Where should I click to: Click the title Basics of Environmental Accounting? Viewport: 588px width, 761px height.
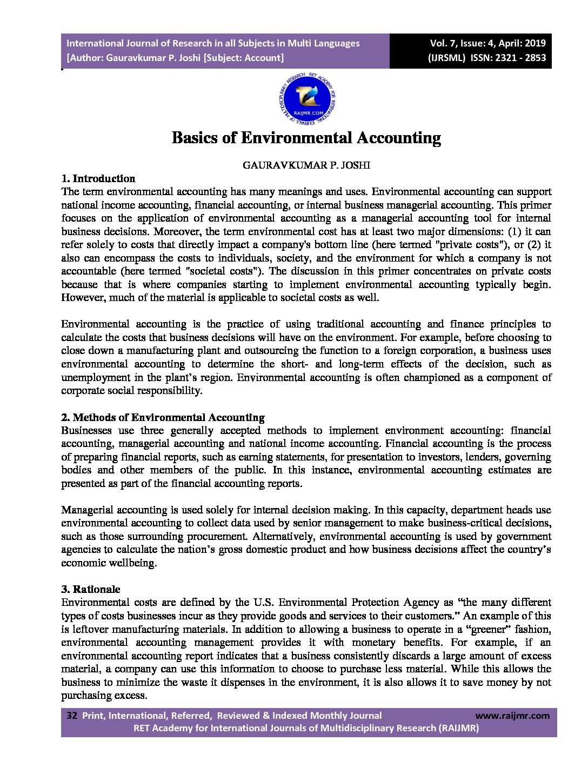306,138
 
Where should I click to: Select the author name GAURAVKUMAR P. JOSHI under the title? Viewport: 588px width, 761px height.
306,165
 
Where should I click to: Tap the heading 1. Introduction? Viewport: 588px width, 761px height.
98,179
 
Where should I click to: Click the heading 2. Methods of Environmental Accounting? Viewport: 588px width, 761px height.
163,418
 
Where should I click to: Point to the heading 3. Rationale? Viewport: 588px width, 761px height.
91,590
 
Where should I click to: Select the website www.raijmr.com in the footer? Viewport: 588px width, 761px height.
512,716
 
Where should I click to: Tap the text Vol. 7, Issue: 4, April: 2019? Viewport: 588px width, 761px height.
487,43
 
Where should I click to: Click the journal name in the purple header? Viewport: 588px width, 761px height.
213,43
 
